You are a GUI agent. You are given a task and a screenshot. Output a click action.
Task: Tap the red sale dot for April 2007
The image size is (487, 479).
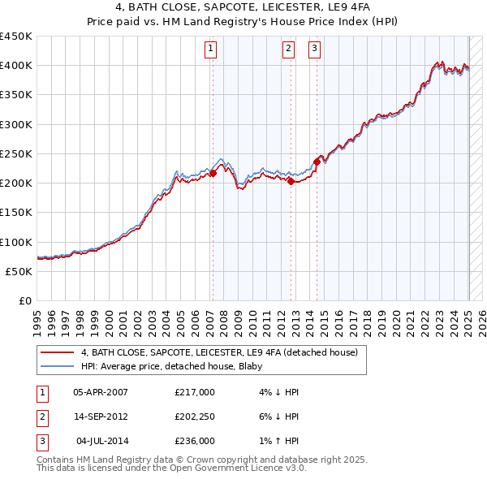tap(213, 173)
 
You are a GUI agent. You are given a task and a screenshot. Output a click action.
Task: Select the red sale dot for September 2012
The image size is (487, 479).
tap(291, 182)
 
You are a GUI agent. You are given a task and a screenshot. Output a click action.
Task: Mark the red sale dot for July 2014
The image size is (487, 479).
tap(317, 162)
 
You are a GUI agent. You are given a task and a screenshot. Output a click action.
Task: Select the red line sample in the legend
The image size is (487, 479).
tap(58, 352)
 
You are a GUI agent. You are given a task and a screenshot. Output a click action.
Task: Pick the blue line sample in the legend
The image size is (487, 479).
tap(58, 366)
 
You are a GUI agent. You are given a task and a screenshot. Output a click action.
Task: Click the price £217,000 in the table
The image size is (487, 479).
tap(195, 392)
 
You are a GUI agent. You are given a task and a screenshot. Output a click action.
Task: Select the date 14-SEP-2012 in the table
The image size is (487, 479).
tap(101, 416)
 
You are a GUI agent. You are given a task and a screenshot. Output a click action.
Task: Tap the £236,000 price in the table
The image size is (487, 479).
tap(195, 441)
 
